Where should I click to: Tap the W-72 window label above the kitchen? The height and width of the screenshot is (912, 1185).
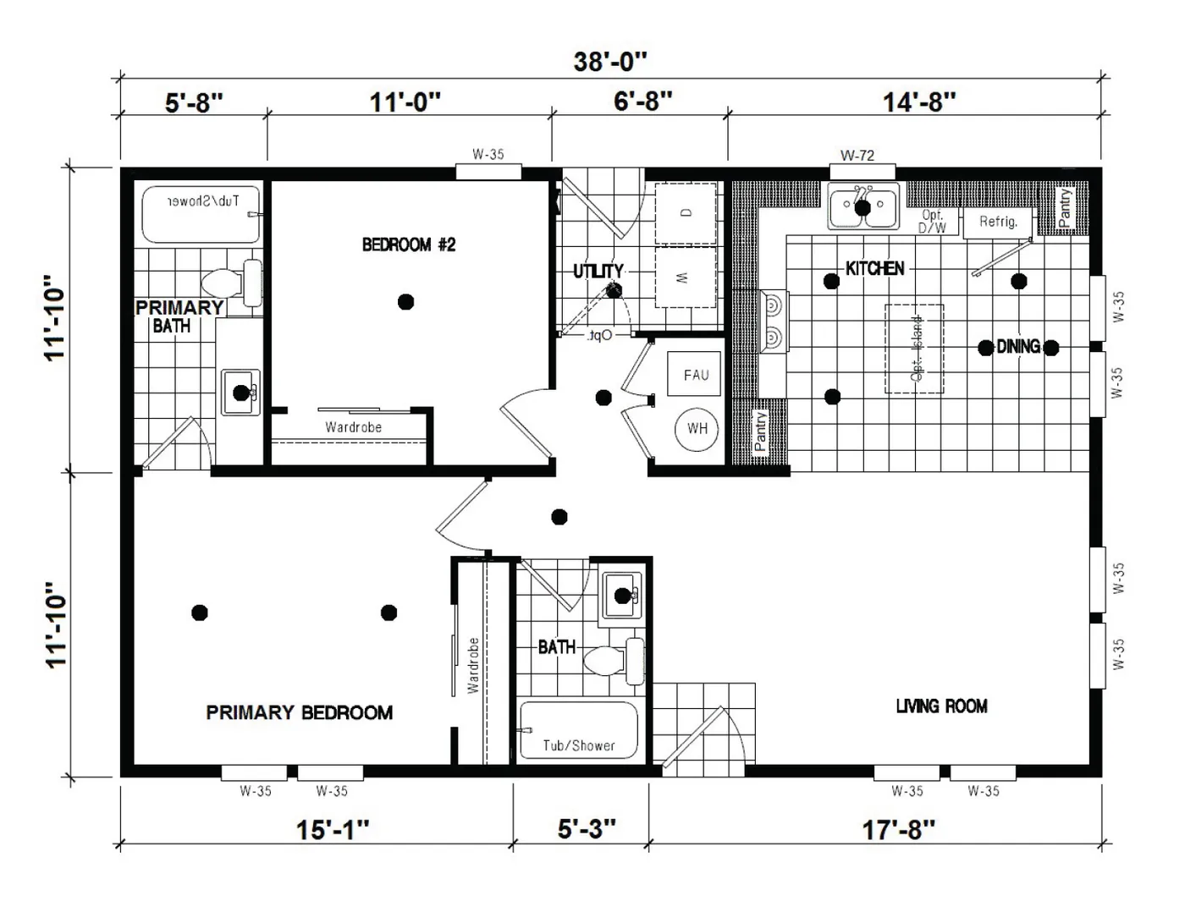coord(857,156)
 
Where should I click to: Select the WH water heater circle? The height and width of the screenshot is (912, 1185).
coord(697,429)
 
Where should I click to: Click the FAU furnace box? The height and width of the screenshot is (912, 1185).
coord(695,375)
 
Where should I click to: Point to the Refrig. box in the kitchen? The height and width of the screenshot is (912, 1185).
coord(999,222)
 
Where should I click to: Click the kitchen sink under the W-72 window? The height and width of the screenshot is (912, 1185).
coord(863,208)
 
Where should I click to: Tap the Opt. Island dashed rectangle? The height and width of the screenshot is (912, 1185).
coord(914,349)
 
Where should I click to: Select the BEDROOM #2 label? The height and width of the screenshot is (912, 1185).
coord(409,245)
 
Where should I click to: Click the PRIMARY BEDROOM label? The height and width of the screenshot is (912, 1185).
coord(299,712)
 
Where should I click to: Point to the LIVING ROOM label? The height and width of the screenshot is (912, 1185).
coord(941,706)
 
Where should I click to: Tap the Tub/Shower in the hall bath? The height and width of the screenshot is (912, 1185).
coord(578,730)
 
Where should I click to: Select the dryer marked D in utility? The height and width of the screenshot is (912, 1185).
coord(686,212)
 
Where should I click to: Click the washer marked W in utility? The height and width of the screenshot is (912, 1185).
coord(686,277)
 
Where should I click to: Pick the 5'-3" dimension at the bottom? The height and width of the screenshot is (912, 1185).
coord(587,829)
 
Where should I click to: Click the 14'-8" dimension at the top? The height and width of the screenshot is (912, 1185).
coord(919,102)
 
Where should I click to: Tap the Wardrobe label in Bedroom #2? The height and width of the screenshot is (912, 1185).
coord(353,427)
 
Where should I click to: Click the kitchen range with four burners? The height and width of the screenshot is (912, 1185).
coord(773,321)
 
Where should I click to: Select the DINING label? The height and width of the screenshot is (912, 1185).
coord(1018,347)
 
